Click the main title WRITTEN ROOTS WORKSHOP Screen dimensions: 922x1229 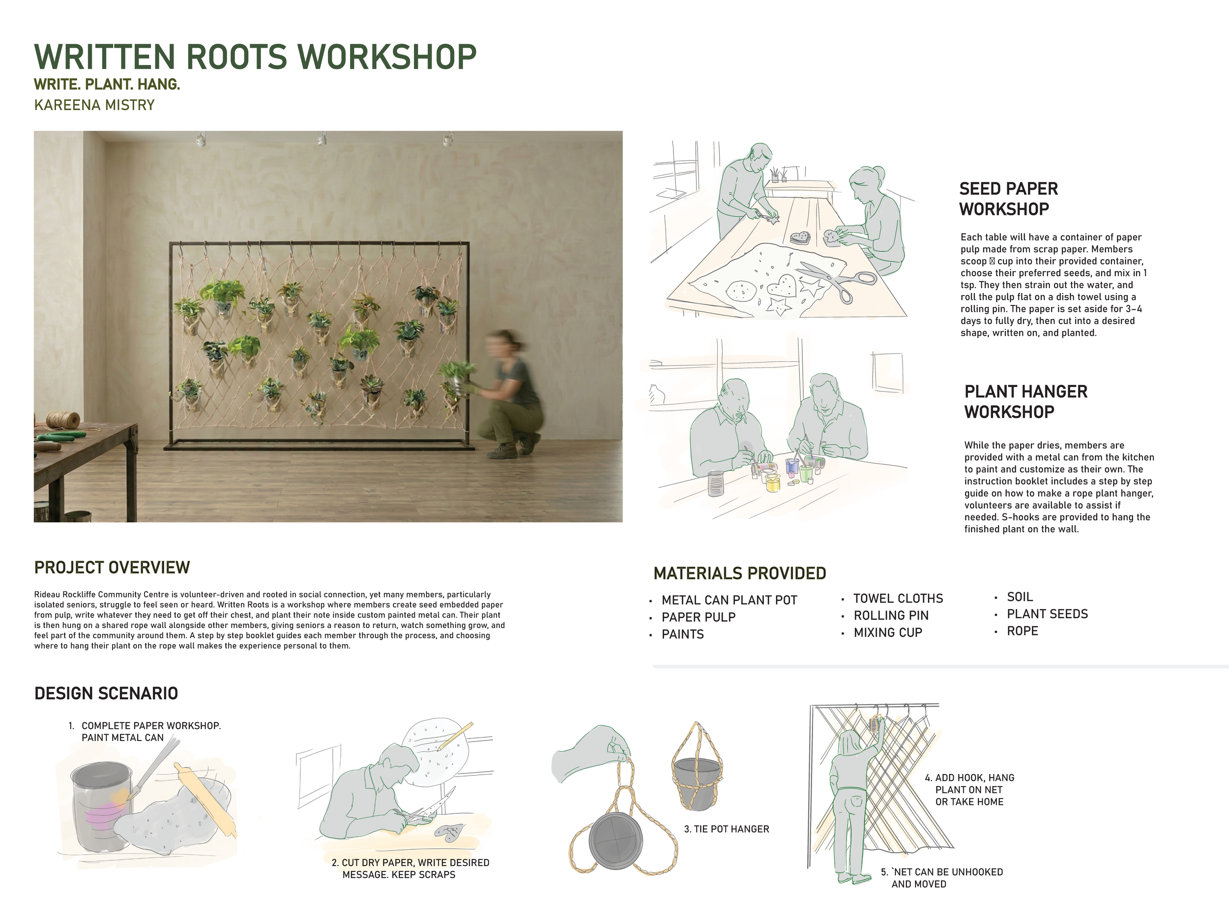click(x=255, y=57)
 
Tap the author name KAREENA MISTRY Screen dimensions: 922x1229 click(x=94, y=105)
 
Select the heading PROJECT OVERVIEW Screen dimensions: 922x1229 click(x=112, y=567)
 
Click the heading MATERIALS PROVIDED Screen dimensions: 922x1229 click(x=739, y=573)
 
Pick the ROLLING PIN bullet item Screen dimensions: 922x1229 click(x=891, y=616)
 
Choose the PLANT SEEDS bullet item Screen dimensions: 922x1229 click(x=1047, y=614)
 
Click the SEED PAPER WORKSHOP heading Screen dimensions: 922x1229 click(x=1008, y=199)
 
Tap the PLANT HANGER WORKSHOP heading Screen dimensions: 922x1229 click(x=1025, y=402)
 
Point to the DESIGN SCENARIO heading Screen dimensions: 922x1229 click(x=106, y=693)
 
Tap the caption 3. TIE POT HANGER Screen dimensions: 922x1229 click(x=726, y=829)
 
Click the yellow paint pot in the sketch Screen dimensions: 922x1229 click(x=773, y=482)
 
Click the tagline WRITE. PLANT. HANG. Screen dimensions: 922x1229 click(x=107, y=85)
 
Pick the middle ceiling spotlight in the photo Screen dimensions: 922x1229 click(x=321, y=138)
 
